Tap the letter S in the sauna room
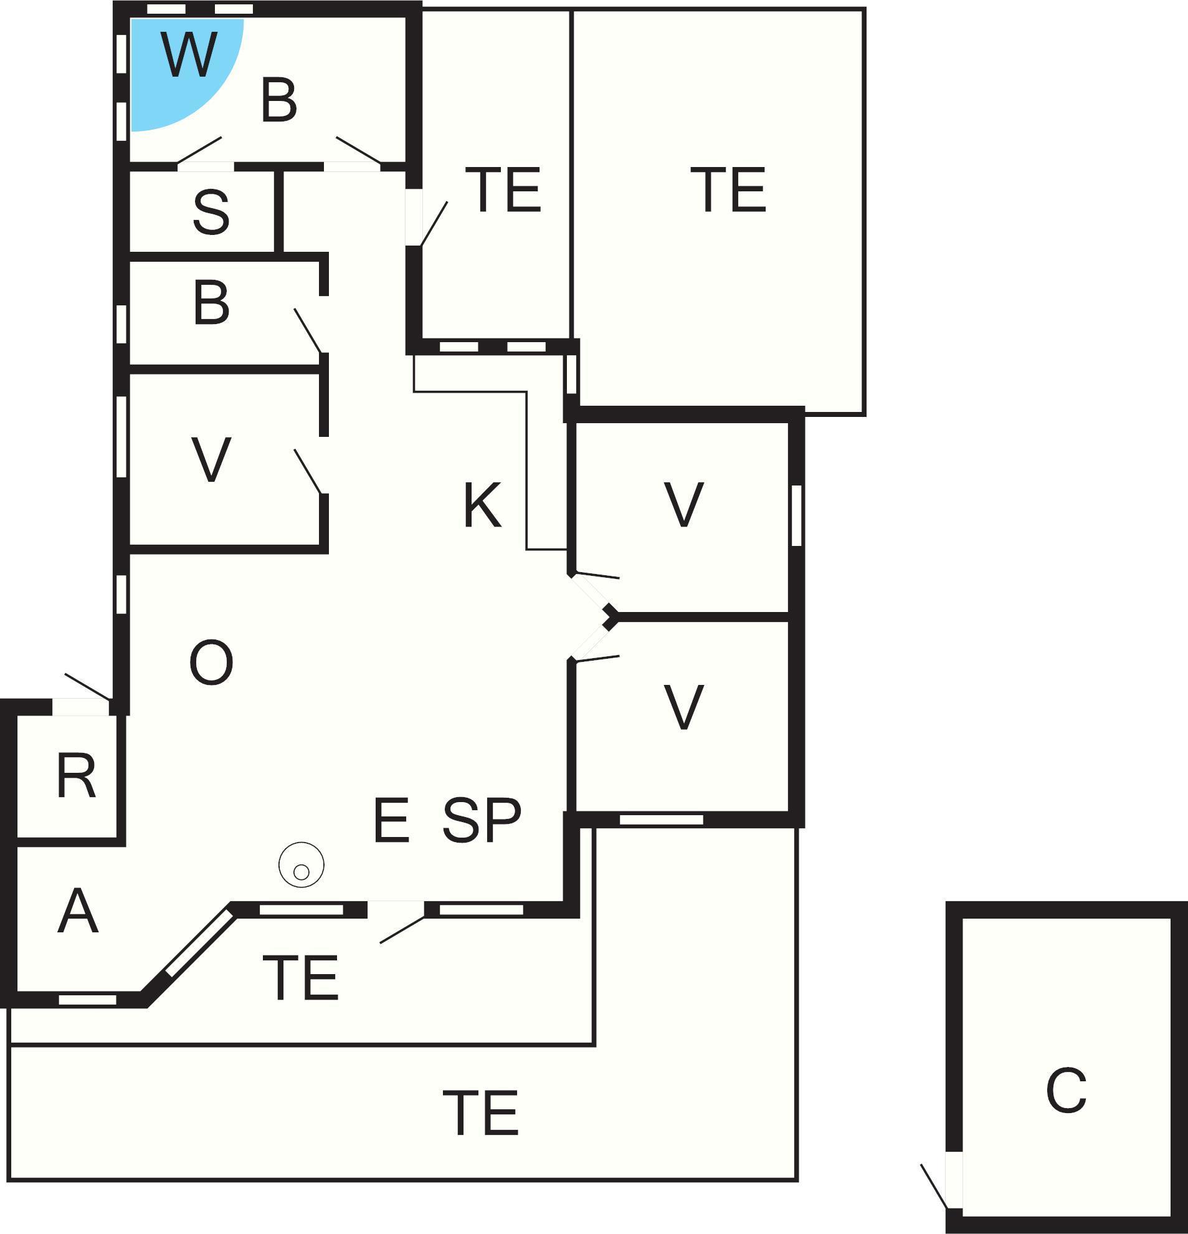click(x=211, y=213)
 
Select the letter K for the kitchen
click(x=483, y=505)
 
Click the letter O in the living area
click(x=211, y=662)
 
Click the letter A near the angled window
click(x=78, y=911)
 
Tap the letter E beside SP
click(x=391, y=820)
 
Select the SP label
click(x=482, y=820)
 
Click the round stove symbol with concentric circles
click(x=302, y=865)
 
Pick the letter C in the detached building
click(x=1067, y=1091)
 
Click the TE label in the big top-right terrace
click(x=729, y=189)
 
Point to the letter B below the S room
click(x=211, y=303)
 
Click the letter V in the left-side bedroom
click(x=211, y=459)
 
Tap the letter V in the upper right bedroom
click(x=684, y=504)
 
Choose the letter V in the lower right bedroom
click(x=684, y=707)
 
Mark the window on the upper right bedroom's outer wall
click(x=796, y=515)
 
